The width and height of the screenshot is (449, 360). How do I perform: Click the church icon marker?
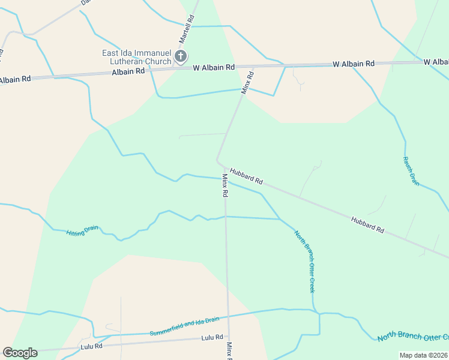pos(180,58)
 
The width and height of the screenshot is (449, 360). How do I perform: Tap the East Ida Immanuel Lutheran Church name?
pos(137,57)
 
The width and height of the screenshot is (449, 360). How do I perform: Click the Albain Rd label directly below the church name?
pos(128,71)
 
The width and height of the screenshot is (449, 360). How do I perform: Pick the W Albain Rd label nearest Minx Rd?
pos(214,68)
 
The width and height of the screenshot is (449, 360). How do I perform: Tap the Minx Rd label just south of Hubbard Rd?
pos(225,185)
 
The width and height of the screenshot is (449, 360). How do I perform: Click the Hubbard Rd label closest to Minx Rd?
pos(246,175)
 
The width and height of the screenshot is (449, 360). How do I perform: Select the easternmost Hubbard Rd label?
pos(367,224)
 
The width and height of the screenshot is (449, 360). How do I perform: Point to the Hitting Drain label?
pos(82,230)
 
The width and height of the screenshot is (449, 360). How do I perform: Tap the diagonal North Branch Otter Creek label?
pos(304,261)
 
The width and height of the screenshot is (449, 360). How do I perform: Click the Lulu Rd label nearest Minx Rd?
pos(212,338)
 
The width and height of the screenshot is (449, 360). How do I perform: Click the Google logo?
pos(20,353)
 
